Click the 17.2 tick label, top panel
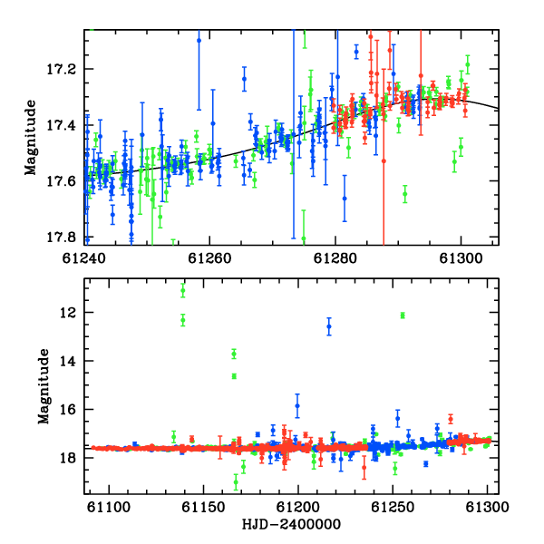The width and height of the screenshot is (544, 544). pos(61,70)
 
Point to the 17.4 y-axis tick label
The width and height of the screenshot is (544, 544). pos(61,125)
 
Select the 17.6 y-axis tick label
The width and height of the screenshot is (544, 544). pos(61,181)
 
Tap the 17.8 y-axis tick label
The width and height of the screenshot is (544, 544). pos(61,238)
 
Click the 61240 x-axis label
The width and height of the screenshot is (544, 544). pos(84,258)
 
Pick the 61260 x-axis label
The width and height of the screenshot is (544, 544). pos(209,258)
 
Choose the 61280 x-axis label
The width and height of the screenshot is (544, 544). pos(335,258)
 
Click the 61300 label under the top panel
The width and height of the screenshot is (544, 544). pos(461,258)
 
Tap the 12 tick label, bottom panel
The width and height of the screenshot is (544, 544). pos(67,313)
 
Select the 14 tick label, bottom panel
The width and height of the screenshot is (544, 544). pos(67,361)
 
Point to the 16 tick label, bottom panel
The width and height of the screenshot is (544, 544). pos(67,410)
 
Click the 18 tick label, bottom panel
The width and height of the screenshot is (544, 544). pos(67,458)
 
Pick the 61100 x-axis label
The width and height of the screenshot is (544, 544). pos(109,507)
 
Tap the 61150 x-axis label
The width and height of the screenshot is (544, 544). pos(204,507)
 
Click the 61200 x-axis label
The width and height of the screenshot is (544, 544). pos(298,507)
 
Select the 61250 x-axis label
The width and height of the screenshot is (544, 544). pos(393,507)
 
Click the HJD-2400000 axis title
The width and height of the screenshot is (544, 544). pos(291,524)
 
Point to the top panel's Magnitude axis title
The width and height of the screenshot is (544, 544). pos(31,138)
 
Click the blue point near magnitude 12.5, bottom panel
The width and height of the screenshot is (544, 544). pos(329,326)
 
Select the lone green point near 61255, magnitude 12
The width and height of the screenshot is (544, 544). pos(403,316)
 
